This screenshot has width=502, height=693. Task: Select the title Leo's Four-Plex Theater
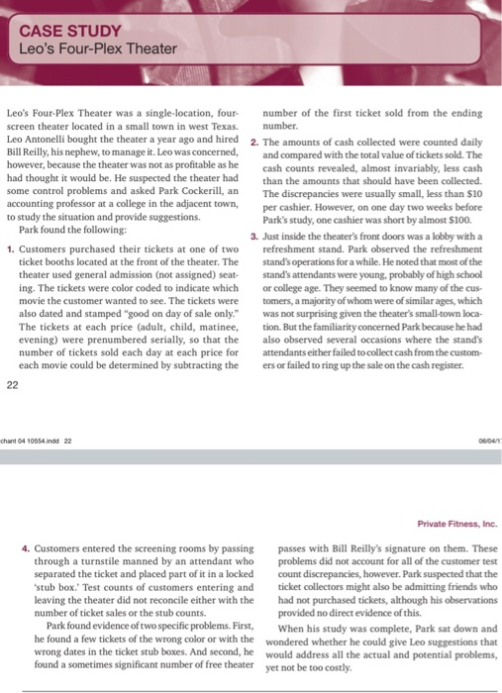click(96, 49)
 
